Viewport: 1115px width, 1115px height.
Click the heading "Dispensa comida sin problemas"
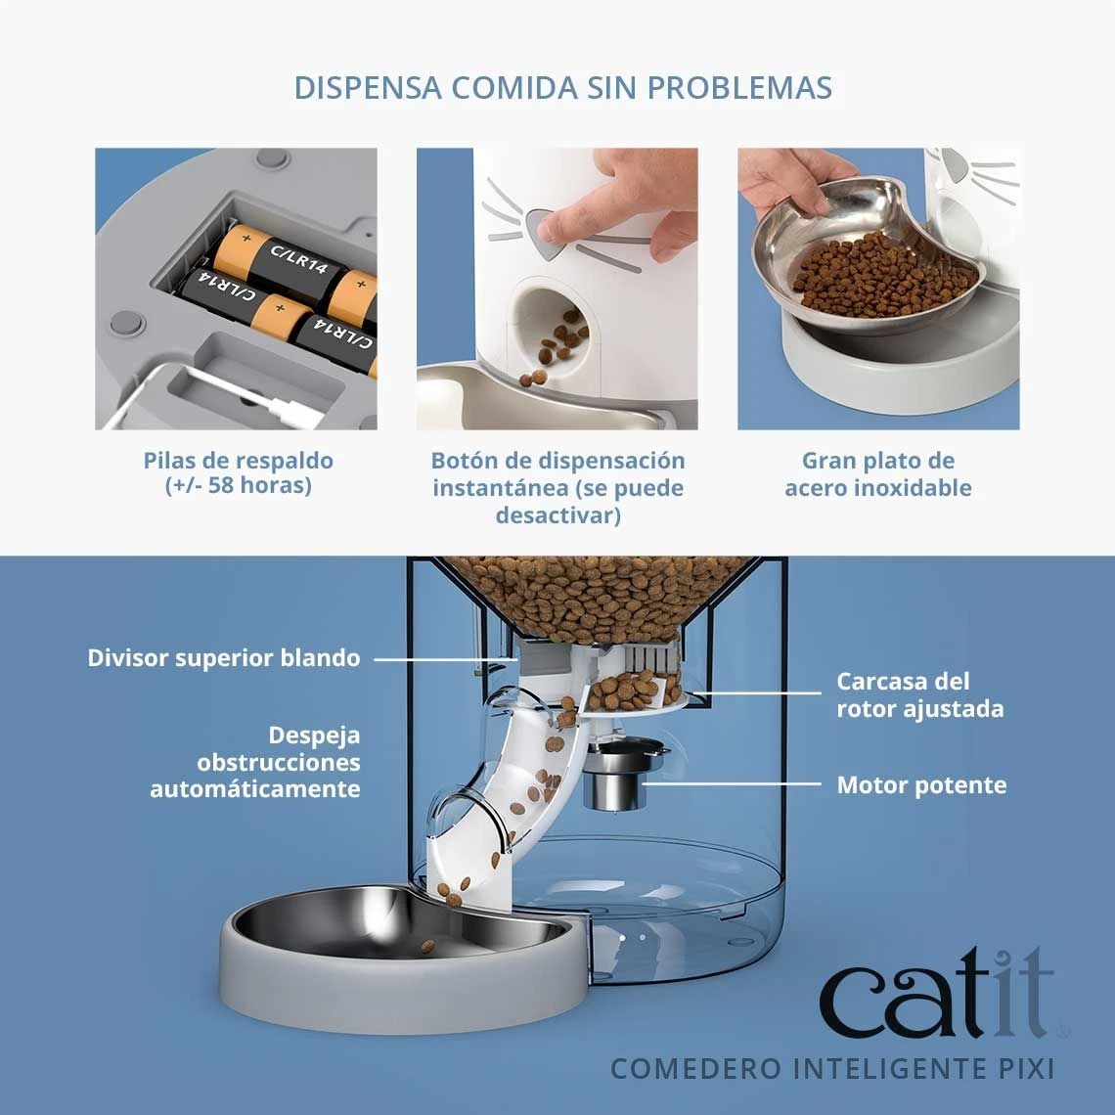[x=562, y=87]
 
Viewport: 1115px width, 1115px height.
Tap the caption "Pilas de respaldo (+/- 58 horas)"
[x=238, y=472]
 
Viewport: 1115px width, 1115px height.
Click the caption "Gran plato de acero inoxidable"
[x=877, y=473]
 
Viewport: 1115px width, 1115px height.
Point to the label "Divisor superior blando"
[x=224, y=658]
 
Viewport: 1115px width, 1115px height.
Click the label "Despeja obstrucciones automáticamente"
[x=255, y=762]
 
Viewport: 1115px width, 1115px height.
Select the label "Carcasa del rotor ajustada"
[x=919, y=694]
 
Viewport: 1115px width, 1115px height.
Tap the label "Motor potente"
[x=920, y=785]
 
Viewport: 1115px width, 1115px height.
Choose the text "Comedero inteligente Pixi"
[x=832, y=1068]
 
